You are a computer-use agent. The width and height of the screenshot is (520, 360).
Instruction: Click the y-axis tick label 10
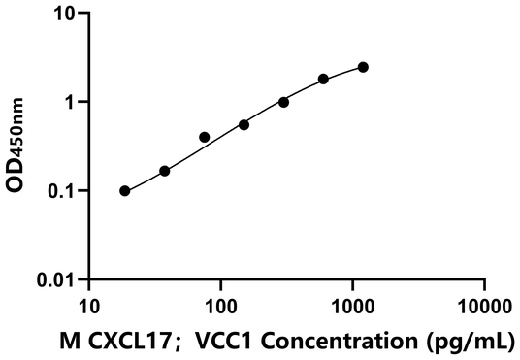(x=66, y=14)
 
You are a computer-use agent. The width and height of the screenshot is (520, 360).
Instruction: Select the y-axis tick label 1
(x=72, y=102)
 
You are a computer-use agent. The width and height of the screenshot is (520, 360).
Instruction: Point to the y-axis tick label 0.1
(x=62, y=191)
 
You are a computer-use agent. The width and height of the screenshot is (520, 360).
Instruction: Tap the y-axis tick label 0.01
(x=57, y=279)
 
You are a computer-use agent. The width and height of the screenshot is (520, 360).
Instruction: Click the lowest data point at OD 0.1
(x=125, y=191)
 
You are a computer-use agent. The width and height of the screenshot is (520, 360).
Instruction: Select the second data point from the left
(x=164, y=171)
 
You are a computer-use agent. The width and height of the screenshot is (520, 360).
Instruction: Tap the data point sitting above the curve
(x=204, y=137)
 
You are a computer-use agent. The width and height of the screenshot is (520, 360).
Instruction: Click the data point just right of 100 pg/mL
(x=244, y=124)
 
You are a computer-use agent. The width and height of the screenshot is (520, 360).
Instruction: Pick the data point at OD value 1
(x=283, y=102)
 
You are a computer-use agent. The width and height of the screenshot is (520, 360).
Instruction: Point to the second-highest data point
(x=323, y=79)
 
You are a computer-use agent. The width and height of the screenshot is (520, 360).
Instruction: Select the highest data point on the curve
(x=363, y=67)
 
